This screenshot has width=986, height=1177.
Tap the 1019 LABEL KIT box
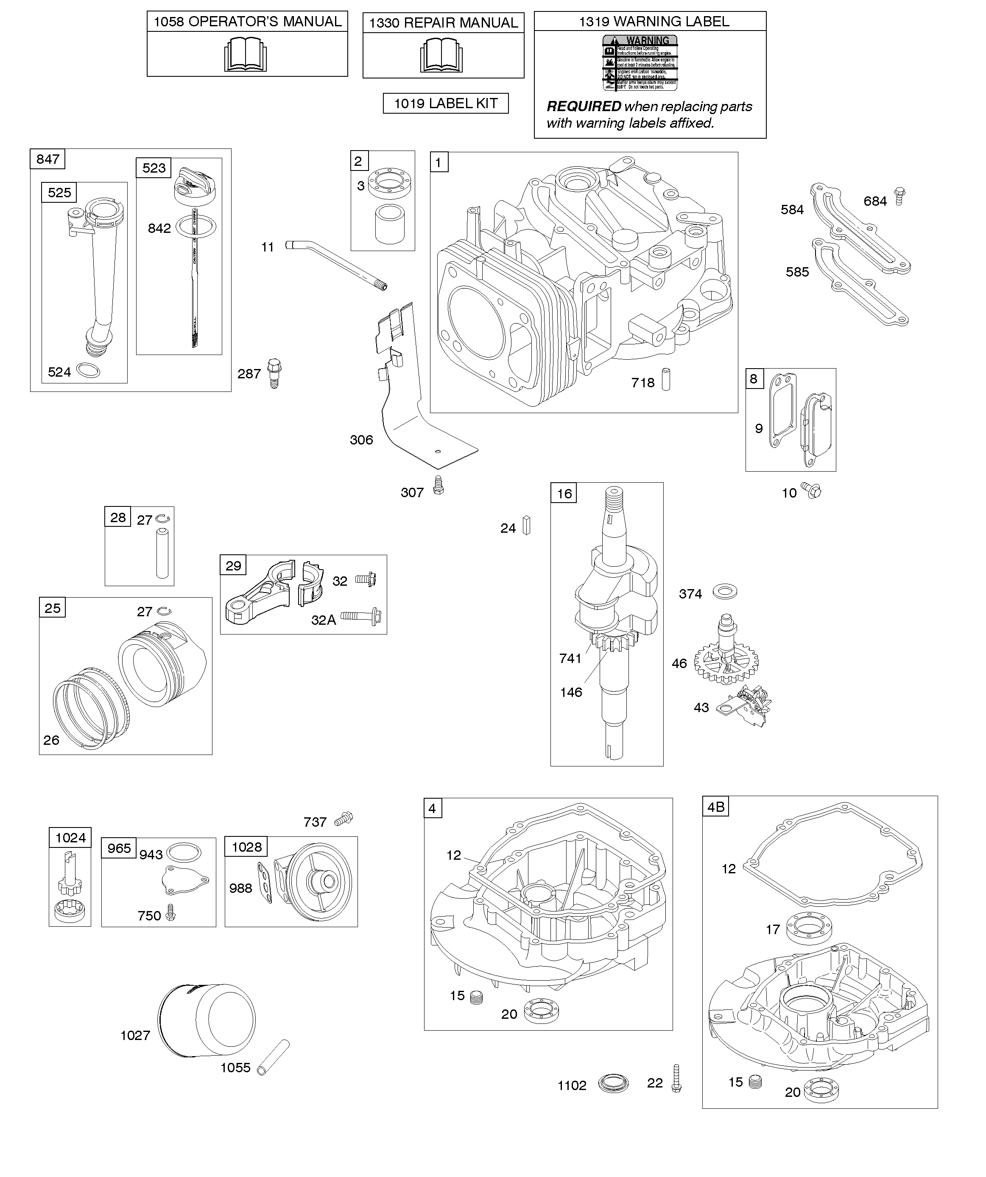pyautogui.click(x=446, y=103)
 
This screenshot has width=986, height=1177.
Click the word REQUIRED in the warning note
pyautogui.click(x=584, y=106)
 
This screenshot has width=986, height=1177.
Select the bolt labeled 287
pyautogui.click(x=274, y=373)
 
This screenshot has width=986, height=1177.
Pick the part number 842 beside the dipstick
pyautogui.click(x=159, y=229)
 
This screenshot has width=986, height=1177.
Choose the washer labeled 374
pyautogui.click(x=725, y=591)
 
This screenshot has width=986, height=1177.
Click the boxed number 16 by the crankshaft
pyautogui.click(x=564, y=493)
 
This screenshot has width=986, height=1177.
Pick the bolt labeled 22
pyautogui.click(x=676, y=1079)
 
